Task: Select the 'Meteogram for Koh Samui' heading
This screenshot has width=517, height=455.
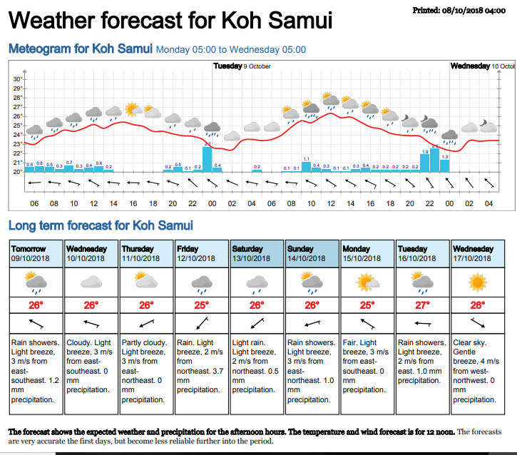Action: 80,49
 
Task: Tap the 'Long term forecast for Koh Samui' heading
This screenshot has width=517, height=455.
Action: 100,226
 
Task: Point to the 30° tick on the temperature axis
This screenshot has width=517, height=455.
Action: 18,79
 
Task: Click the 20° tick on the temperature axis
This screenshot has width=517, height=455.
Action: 18,172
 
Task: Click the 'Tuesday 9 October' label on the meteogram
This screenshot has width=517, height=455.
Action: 242,66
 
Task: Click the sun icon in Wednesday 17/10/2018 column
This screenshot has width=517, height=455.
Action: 478,283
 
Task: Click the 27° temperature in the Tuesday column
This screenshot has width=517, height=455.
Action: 423,305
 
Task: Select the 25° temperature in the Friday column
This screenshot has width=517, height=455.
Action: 202,305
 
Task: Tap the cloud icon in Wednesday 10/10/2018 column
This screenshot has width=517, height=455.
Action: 91,283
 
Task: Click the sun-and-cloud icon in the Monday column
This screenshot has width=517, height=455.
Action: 367,283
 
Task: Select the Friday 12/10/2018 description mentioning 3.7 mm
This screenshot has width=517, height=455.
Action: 202,366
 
